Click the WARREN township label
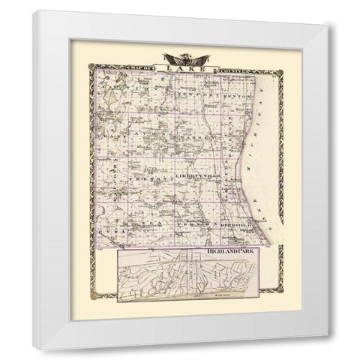pyautogui.click(x=196, y=138)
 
